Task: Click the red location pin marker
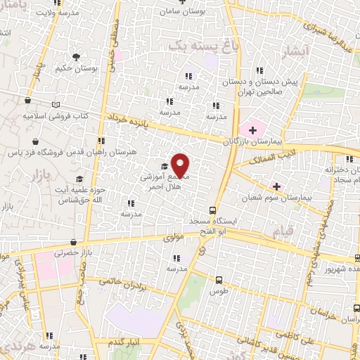coord(181,164)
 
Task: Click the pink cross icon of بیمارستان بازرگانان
coord(250,129)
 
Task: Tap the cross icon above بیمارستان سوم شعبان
coord(276,187)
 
